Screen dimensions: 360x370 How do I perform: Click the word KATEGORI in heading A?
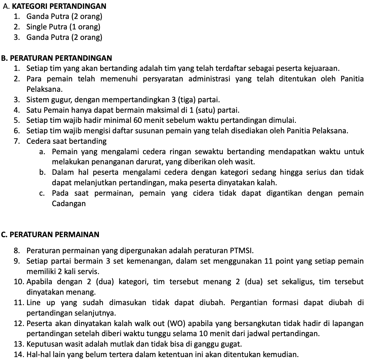pyautogui.click(x=26, y=6)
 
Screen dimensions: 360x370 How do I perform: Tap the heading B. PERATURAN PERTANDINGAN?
pyautogui.click(x=56, y=58)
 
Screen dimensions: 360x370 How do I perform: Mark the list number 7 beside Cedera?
pyautogui.click(x=16, y=141)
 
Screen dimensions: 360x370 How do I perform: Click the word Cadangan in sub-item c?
pyautogui.click(x=69, y=204)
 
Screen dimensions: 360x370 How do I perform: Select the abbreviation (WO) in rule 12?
pyautogui.click(x=177, y=323)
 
